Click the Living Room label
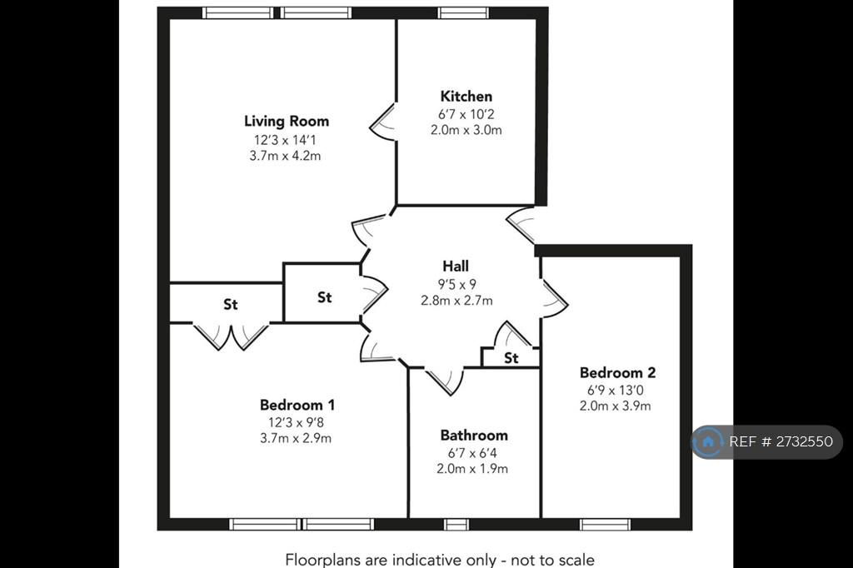click(287, 121)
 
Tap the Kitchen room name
click(466, 97)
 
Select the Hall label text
click(456, 266)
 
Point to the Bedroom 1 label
click(297, 405)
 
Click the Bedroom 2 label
click(617, 372)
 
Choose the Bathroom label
click(474, 436)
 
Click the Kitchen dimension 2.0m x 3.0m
click(466, 130)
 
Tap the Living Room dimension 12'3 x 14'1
click(285, 140)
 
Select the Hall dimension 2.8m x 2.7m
click(457, 301)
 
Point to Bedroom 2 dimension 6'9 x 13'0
click(616, 390)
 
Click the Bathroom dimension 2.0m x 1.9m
click(472, 468)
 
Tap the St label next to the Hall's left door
click(324, 297)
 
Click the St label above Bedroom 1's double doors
click(231, 304)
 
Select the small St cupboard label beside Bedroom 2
click(511, 358)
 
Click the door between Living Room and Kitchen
click(383, 122)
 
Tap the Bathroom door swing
click(445, 381)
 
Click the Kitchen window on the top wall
click(463, 12)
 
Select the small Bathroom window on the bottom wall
click(456, 525)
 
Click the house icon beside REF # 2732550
click(708, 441)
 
